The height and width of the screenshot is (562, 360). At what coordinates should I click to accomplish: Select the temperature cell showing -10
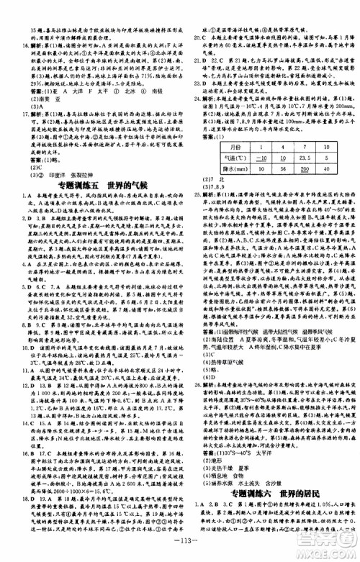[245, 158]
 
